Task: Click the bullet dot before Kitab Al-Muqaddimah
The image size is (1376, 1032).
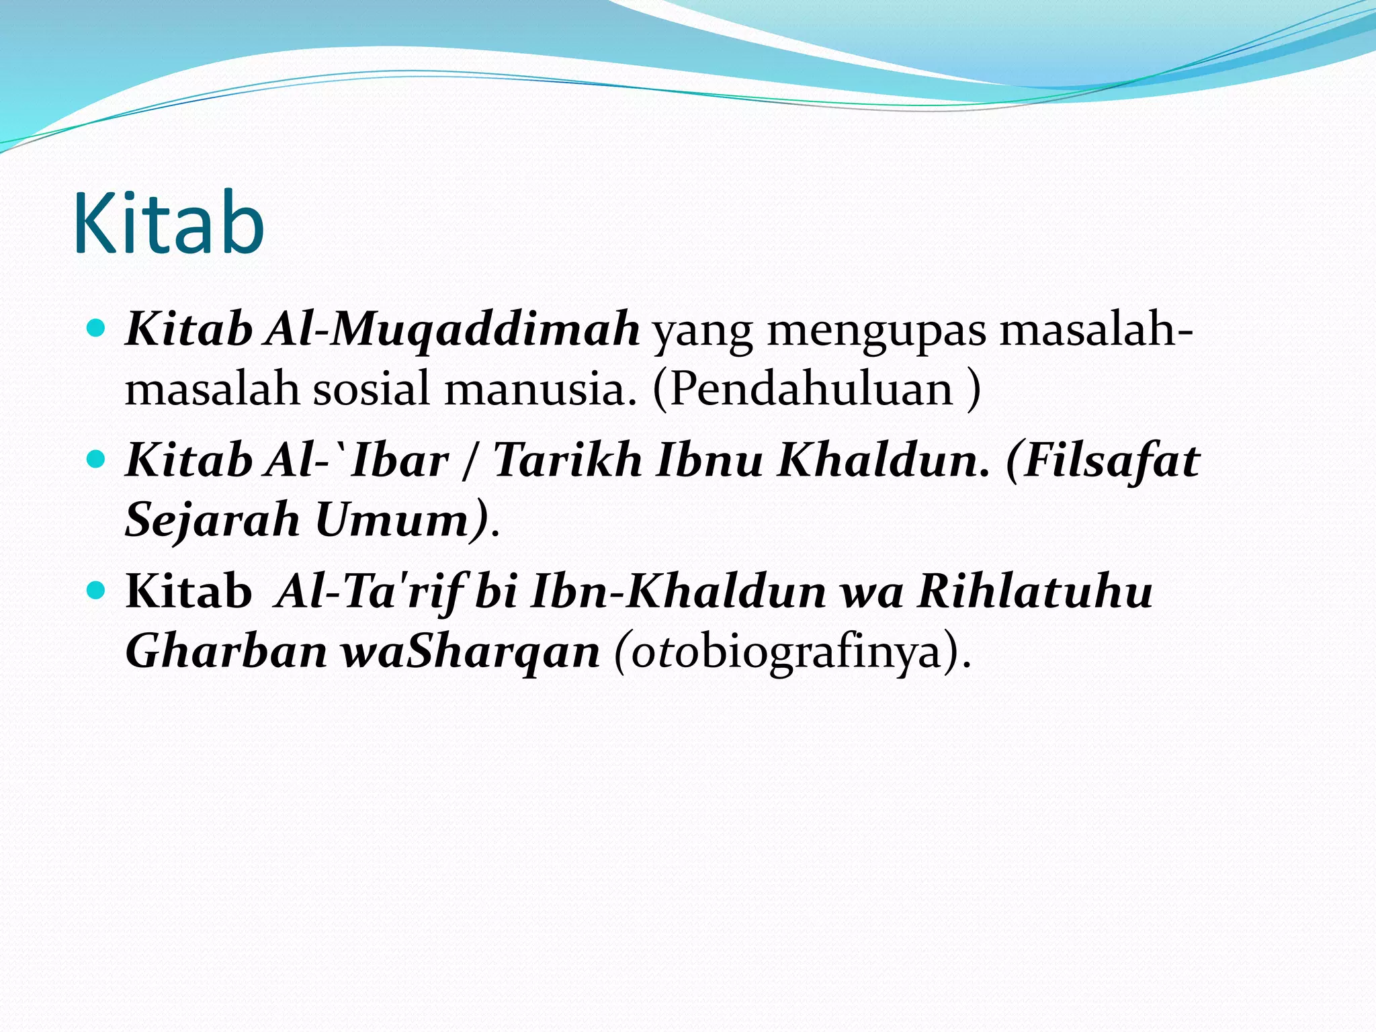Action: click(97, 329)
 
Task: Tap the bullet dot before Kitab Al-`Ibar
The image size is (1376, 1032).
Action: click(97, 460)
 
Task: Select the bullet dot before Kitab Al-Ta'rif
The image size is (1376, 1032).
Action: click(97, 591)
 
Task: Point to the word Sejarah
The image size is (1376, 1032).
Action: click(212, 520)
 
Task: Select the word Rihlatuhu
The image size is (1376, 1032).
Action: click(1035, 591)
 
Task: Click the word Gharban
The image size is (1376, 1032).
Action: click(226, 651)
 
